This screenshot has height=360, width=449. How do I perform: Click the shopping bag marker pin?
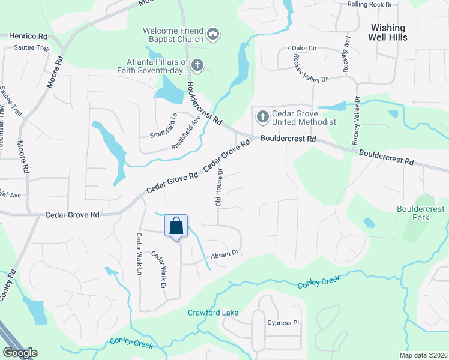coord(176,227)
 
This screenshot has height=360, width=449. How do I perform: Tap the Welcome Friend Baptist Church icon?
coord(212,35)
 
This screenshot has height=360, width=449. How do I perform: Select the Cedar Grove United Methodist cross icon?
coord(262,116)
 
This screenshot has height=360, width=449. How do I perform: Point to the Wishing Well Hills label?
coord(388,32)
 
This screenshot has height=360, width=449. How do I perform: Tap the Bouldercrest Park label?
coord(420,213)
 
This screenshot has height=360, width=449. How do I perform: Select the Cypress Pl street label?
coord(283,322)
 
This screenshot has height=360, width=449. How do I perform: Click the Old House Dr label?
coord(220,187)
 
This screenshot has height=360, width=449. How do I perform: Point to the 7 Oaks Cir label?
coord(301,47)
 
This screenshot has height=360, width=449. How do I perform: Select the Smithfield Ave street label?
coord(185,132)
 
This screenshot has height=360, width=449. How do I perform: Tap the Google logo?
coord(20,353)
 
